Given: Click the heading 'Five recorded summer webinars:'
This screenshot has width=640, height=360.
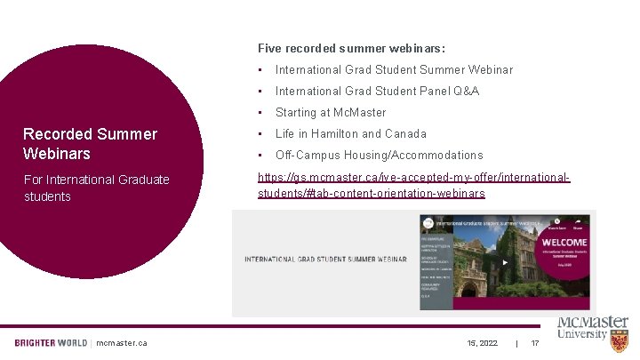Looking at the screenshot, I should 351,48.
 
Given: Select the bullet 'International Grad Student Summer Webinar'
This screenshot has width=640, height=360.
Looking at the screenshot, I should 394,69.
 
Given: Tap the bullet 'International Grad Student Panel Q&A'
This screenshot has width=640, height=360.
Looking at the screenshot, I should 377,91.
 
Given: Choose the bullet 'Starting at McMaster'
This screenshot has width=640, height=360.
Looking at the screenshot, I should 331,112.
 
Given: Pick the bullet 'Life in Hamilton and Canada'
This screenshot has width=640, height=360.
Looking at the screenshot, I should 351,133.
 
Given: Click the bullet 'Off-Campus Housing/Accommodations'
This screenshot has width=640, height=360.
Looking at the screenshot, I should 379,155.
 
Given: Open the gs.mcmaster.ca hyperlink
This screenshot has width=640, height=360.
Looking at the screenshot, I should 413,185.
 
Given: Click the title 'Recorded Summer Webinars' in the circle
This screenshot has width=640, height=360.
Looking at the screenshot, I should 90,143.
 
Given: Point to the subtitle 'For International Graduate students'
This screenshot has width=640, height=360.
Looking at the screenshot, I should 96,188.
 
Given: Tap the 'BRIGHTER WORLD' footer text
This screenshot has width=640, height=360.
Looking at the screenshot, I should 51,343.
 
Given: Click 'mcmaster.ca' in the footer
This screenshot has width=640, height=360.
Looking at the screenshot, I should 122,343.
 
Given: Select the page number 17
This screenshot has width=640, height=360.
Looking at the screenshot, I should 535,343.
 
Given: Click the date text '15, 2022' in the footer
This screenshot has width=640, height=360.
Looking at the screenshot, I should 483,343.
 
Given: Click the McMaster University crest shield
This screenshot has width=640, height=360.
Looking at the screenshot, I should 620,340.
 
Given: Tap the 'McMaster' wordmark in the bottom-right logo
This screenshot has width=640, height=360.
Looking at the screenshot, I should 592,323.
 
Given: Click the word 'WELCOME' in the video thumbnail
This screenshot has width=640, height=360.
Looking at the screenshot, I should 564,242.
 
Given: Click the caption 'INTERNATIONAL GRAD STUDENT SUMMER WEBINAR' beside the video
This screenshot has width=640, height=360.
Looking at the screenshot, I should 324,260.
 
